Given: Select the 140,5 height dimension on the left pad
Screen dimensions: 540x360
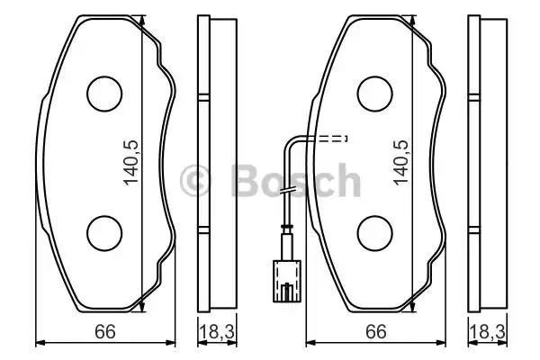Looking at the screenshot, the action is point(131,163).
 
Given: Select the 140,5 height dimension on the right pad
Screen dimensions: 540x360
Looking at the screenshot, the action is point(401,163).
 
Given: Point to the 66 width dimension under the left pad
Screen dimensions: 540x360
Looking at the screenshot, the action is point(105,332).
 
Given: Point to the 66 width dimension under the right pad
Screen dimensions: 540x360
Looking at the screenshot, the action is point(376,332).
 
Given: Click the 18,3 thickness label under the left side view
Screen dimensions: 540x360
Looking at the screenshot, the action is point(217,332).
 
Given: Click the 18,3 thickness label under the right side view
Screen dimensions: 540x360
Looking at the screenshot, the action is point(487,332).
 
